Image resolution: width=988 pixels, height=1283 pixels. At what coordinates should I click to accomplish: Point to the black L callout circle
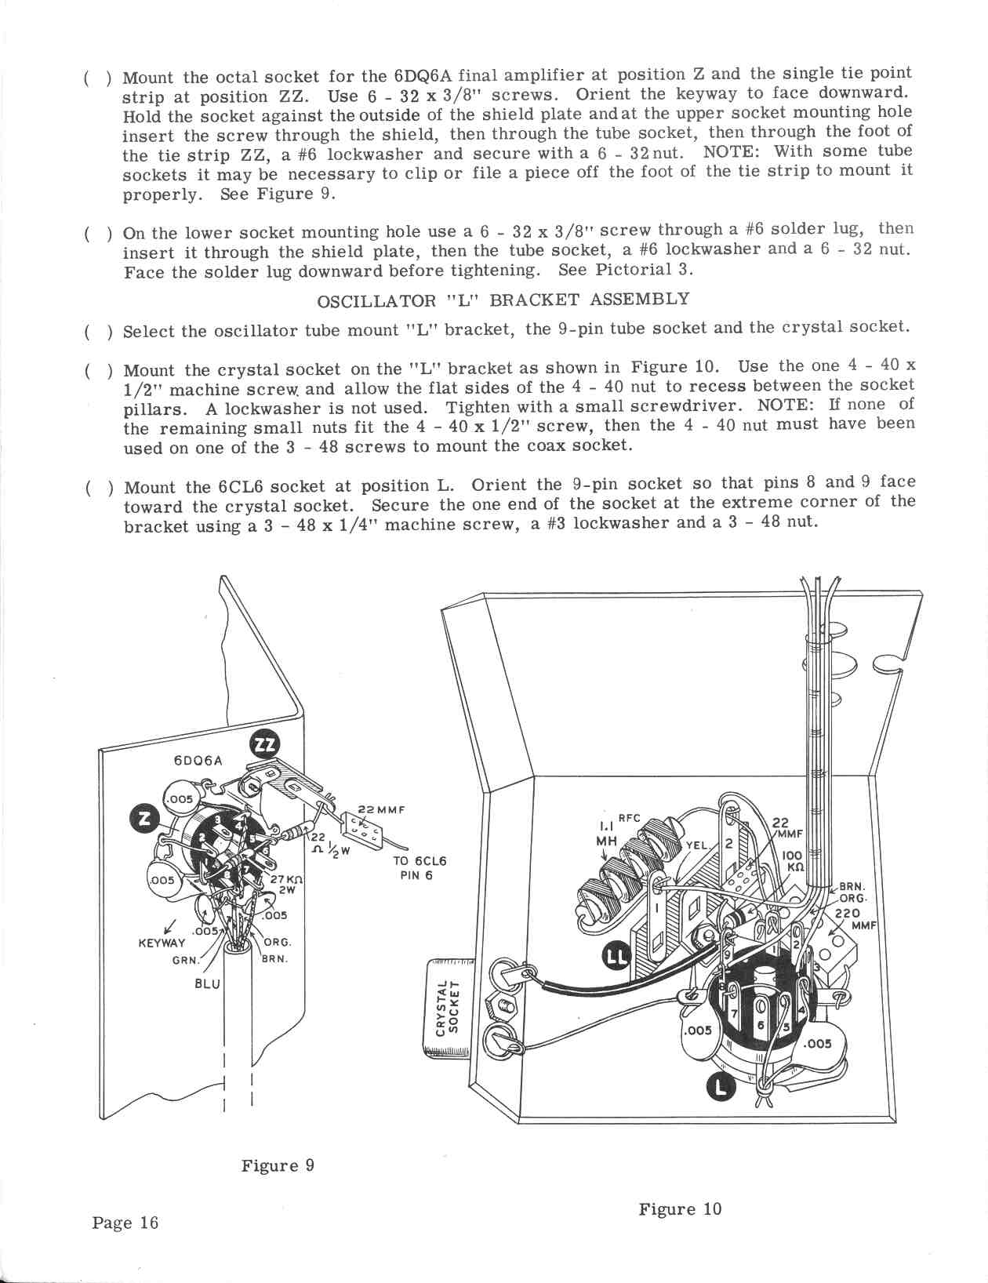(721, 1086)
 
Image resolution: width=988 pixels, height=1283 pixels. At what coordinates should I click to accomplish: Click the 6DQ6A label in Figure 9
(198, 760)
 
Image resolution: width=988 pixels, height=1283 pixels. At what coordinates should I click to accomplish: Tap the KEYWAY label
(162, 943)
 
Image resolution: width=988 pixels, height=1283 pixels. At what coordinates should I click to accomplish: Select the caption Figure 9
(278, 1165)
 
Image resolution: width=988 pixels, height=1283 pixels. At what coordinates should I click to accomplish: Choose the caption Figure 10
(679, 1208)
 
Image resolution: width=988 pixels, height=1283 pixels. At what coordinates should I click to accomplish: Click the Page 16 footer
(125, 1222)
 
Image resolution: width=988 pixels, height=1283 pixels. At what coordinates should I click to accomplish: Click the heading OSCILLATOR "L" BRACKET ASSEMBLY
(503, 300)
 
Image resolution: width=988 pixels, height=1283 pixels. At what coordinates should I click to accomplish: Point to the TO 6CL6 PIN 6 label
(420, 867)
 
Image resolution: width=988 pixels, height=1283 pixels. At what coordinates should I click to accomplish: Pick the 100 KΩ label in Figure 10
(793, 863)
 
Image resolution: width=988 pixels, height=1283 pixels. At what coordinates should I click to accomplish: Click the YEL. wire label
(697, 845)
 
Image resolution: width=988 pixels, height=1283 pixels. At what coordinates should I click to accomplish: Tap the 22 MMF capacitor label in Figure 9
(380, 810)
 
